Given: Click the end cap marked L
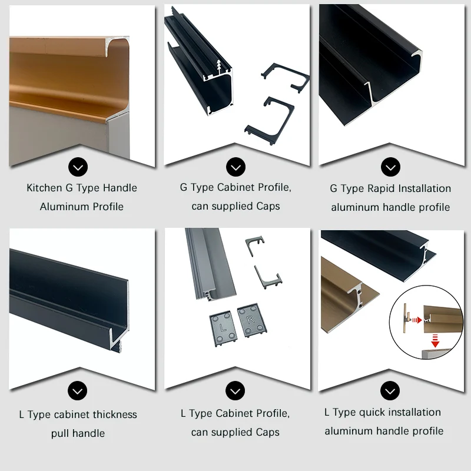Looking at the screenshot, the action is tap(223, 329).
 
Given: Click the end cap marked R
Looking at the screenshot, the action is tap(252, 320).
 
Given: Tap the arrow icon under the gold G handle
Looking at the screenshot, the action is tap(78, 167).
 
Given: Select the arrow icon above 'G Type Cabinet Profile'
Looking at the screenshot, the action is tap(236, 167).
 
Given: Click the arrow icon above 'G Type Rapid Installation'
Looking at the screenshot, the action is tap(390, 167).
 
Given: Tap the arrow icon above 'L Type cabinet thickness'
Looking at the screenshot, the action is tap(78, 390).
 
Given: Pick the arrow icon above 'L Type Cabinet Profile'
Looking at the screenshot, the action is tap(235, 390).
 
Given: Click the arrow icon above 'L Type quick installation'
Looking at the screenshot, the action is tap(390, 390).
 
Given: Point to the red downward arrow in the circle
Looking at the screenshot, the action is tap(435, 340).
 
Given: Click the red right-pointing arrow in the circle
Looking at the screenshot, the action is tap(417, 320).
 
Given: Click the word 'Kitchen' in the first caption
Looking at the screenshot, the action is tap(45, 188).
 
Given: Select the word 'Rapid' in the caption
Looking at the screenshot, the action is tap(381, 188).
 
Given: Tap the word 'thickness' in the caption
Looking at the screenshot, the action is tap(115, 414).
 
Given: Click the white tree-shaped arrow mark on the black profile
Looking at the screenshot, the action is tap(219, 67).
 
